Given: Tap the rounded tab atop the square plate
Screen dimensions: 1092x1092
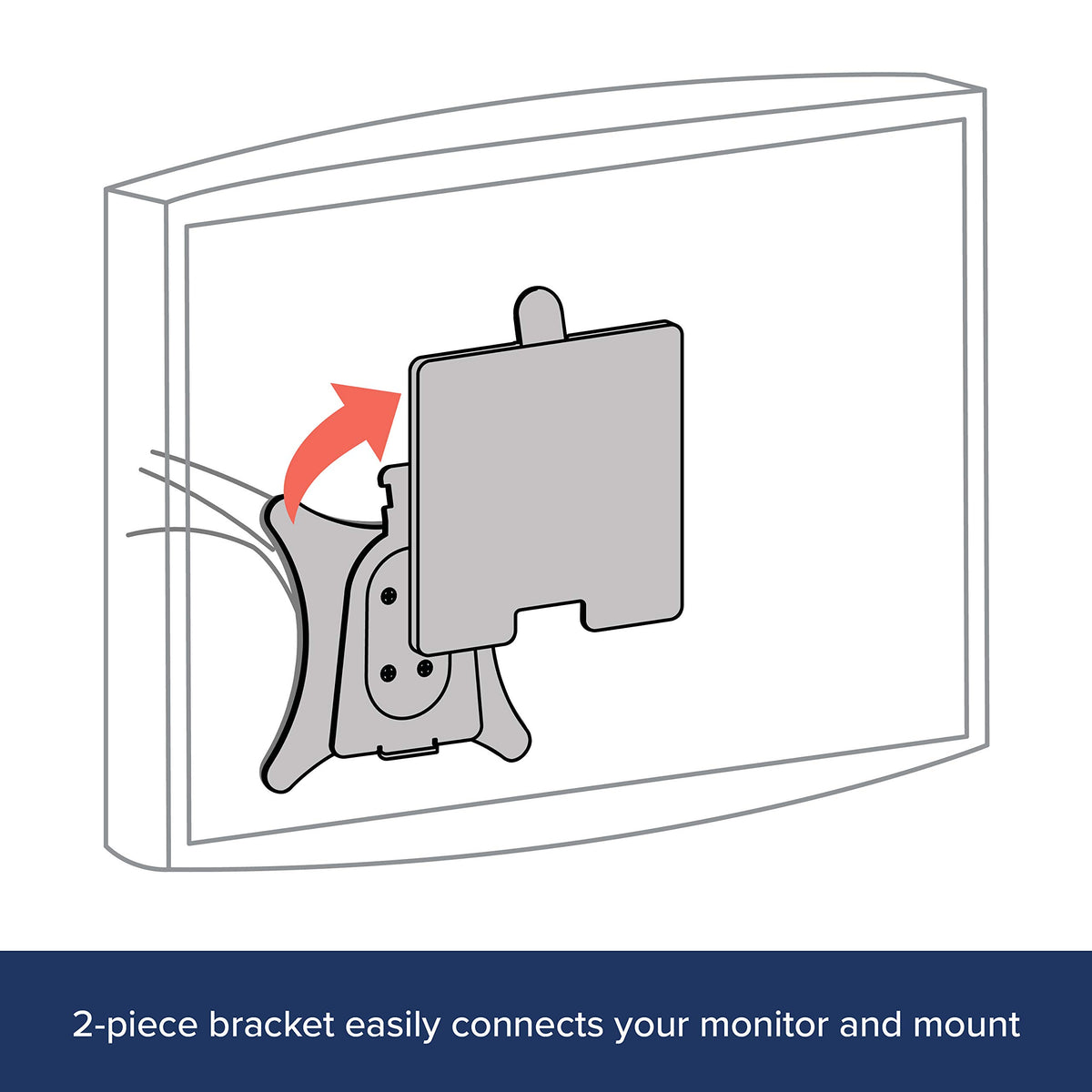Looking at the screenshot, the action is click(x=539, y=315).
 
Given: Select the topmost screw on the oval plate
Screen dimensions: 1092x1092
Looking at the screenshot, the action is click(x=389, y=595).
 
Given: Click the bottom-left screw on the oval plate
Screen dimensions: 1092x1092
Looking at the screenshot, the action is click(x=389, y=672).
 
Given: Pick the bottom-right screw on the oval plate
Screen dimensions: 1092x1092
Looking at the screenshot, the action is click(x=424, y=668).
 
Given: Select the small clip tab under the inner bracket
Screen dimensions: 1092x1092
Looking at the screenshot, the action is click(x=408, y=750).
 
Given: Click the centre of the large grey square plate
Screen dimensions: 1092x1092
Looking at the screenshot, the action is click(x=547, y=488).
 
